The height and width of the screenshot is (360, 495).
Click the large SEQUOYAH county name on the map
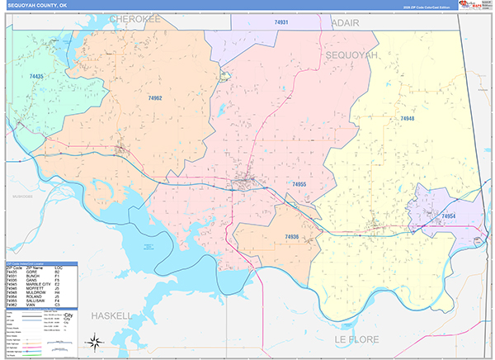click(352, 54)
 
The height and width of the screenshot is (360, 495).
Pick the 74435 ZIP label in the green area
click(36, 76)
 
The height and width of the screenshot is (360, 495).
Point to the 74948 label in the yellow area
click(408, 119)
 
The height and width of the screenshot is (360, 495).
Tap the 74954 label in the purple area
click(448, 216)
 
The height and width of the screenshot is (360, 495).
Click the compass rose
click(95, 341)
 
